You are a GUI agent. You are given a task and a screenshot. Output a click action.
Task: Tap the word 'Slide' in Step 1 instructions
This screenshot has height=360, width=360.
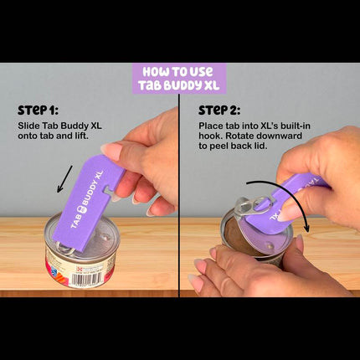click(28, 126)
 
